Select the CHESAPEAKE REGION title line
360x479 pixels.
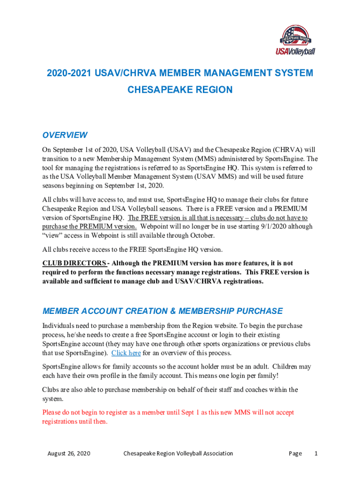click(x=180, y=90)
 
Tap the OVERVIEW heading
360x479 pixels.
click(x=65, y=135)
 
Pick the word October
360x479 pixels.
click(x=201, y=235)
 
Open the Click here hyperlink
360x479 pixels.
click(x=126, y=353)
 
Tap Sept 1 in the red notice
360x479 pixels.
click(x=179, y=413)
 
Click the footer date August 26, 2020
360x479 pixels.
click(x=69, y=453)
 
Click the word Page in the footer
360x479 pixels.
click(x=295, y=453)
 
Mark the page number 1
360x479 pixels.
click(x=316, y=453)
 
